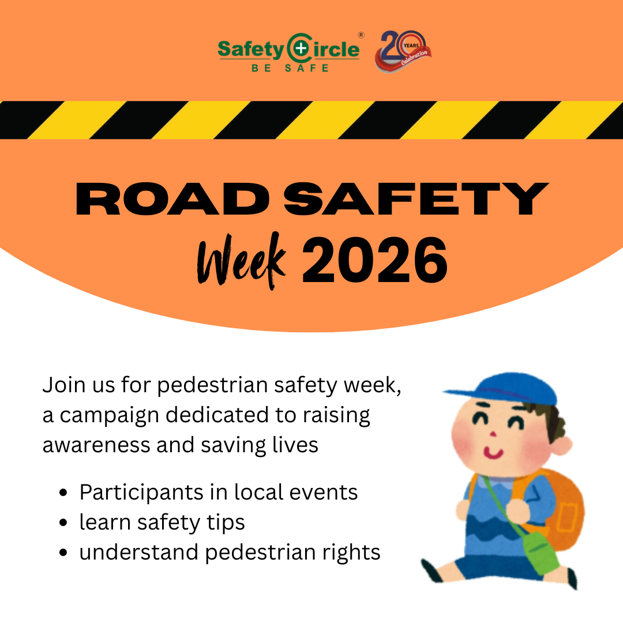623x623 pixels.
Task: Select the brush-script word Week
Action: click(x=242, y=261)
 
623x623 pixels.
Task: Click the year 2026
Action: click(x=375, y=260)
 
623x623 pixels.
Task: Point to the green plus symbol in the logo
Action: click(x=302, y=48)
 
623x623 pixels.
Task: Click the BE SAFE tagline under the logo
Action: click(x=290, y=68)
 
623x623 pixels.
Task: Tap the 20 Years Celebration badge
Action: click(x=403, y=51)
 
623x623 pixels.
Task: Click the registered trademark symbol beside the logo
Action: click(x=361, y=35)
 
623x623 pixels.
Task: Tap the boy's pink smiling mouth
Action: click(x=493, y=453)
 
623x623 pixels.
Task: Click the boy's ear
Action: click(x=564, y=445)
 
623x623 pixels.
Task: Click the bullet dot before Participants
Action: click(x=63, y=493)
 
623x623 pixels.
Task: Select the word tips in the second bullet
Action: click(x=225, y=523)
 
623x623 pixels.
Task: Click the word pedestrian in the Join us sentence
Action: click(x=212, y=385)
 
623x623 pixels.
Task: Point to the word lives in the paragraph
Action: click(x=295, y=445)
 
